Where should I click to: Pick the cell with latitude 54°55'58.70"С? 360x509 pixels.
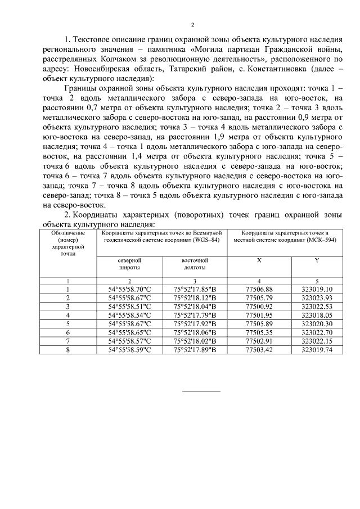click(x=130, y=289)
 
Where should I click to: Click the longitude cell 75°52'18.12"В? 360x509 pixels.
click(x=195, y=298)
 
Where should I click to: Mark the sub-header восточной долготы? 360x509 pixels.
click(x=195, y=264)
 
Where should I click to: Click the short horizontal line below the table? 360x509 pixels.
click(x=201, y=390)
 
